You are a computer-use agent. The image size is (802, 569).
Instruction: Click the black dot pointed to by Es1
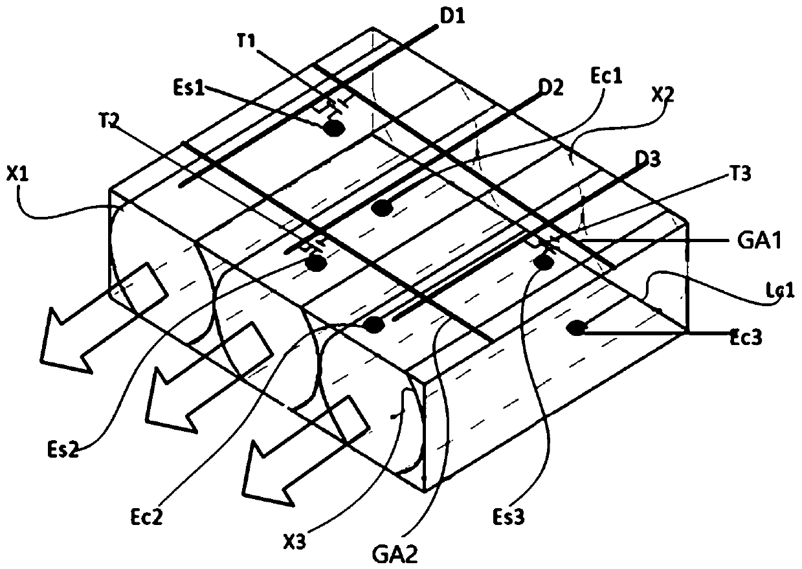coord(334,128)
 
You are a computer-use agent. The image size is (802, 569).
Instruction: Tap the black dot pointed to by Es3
coord(543,262)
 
